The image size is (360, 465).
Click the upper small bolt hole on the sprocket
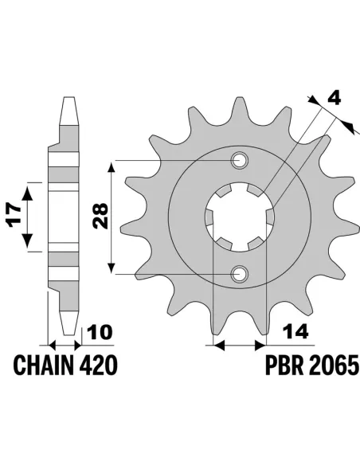click(x=239, y=162)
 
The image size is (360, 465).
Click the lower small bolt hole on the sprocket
click(x=239, y=275)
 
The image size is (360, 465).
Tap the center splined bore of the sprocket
click(x=239, y=218)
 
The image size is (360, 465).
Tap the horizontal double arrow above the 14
click(x=238, y=346)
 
